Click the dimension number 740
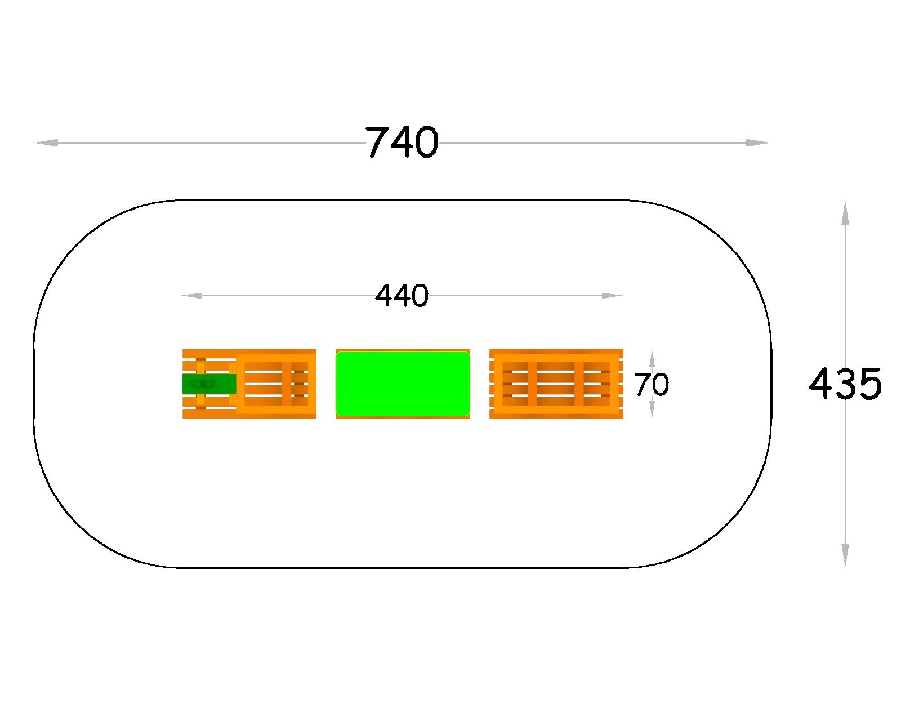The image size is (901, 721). click(402, 143)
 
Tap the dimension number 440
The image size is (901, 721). click(402, 296)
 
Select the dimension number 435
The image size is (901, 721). click(845, 384)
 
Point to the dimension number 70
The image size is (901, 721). click(652, 385)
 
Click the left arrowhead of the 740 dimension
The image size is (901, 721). click(45, 143)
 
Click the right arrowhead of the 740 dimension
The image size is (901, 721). click(759, 143)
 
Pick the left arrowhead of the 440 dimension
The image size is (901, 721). click(191, 296)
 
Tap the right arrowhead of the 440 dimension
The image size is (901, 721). click(613, 296)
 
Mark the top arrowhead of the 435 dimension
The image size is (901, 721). click(845, 213)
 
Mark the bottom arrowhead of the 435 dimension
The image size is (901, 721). click(845, 555)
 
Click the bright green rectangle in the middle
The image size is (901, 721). click(403, 384)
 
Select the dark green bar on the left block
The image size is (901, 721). click(209, 384)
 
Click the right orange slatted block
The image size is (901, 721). click(556, 384)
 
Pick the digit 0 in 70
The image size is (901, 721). click(661, 385)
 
